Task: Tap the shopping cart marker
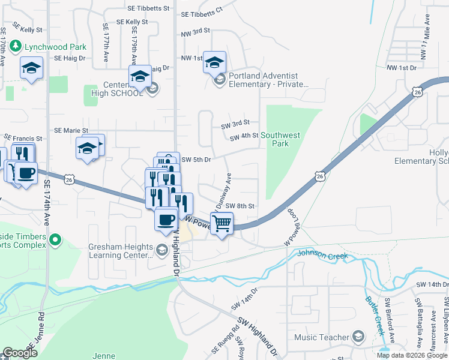click(222, 224)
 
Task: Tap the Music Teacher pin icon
click(358, 337)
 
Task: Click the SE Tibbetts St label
click(148, 9)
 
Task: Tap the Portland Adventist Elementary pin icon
click(220, 79)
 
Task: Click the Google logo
click(20, 353)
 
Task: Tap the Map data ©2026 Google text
click(412, 355)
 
